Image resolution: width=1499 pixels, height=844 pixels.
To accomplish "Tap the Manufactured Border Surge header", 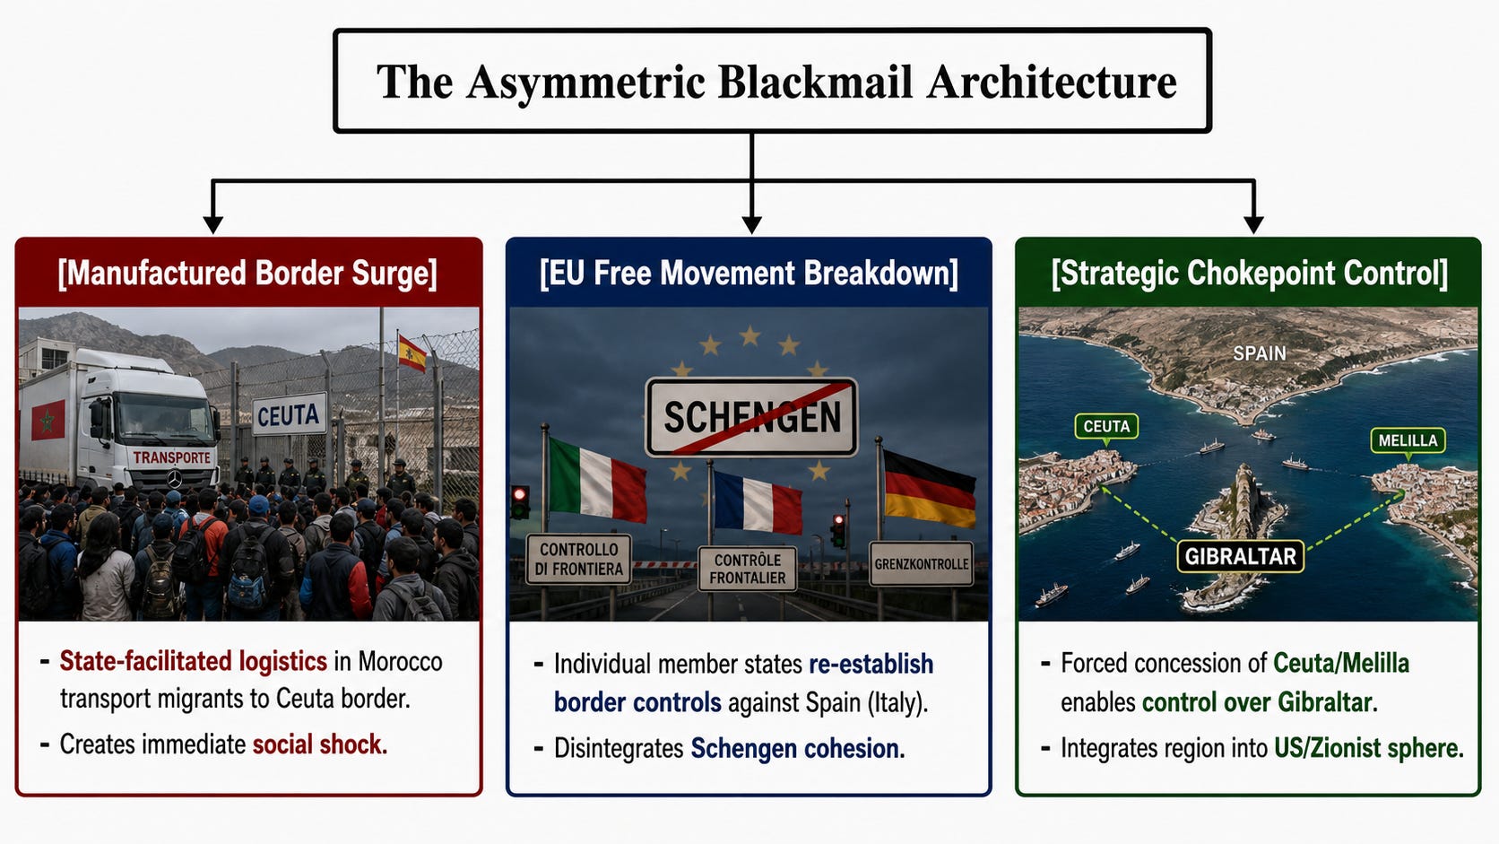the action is (x=247, y=273).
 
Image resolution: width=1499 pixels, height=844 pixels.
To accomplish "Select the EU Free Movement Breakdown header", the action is (x=749, y=273).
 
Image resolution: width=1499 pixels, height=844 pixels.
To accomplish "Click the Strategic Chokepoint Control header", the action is (x=1249, y=273).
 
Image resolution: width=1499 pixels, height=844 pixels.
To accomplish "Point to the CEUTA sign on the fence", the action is (x=289, y=415).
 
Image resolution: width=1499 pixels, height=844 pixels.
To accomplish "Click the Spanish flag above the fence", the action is (x=412, y=352).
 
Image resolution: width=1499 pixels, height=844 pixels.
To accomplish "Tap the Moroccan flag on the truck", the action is (x=48, y=420).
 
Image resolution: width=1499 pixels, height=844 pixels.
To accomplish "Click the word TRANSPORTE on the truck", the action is (x=172, y=457).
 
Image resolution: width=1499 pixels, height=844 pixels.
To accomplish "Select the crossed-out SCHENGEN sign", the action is (x=751, y=417).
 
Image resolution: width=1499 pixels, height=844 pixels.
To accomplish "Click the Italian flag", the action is (x=598, y=479).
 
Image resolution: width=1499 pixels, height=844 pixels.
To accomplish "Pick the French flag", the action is (x=758, y=502).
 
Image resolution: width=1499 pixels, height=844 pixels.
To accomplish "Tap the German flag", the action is (x=930, y=488).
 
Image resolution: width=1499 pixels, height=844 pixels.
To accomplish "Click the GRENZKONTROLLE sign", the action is (x=922, y=563).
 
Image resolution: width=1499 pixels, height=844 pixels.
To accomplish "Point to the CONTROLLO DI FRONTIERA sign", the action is (x=579, y=559).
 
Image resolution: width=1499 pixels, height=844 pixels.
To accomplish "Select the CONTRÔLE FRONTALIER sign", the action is (x=748, y=569).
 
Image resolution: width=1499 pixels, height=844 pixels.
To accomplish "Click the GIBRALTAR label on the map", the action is (x=1241, y=556).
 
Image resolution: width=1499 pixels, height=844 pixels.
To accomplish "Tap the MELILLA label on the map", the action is (x=1408, y=440).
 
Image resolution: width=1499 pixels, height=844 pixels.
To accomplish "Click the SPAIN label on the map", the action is (x=1260, y=353).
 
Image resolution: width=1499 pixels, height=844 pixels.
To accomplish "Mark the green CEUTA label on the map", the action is (x=1106, y=426).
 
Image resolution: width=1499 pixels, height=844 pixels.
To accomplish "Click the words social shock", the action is (x=320, y=744).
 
